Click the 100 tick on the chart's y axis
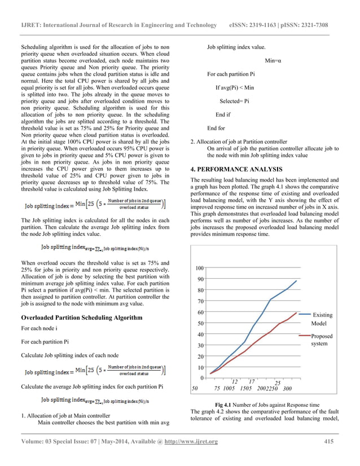coord(199,269)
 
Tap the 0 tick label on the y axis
coord(201,378)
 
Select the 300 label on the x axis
coord(287,389)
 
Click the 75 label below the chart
coord(217,389)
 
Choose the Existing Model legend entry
coord(322,319)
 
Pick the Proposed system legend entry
coord(322,340)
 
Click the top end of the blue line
coord(296,280)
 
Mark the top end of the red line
coord(296,312)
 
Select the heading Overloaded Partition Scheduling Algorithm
coord(81,318)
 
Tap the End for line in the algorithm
coord(216,128)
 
